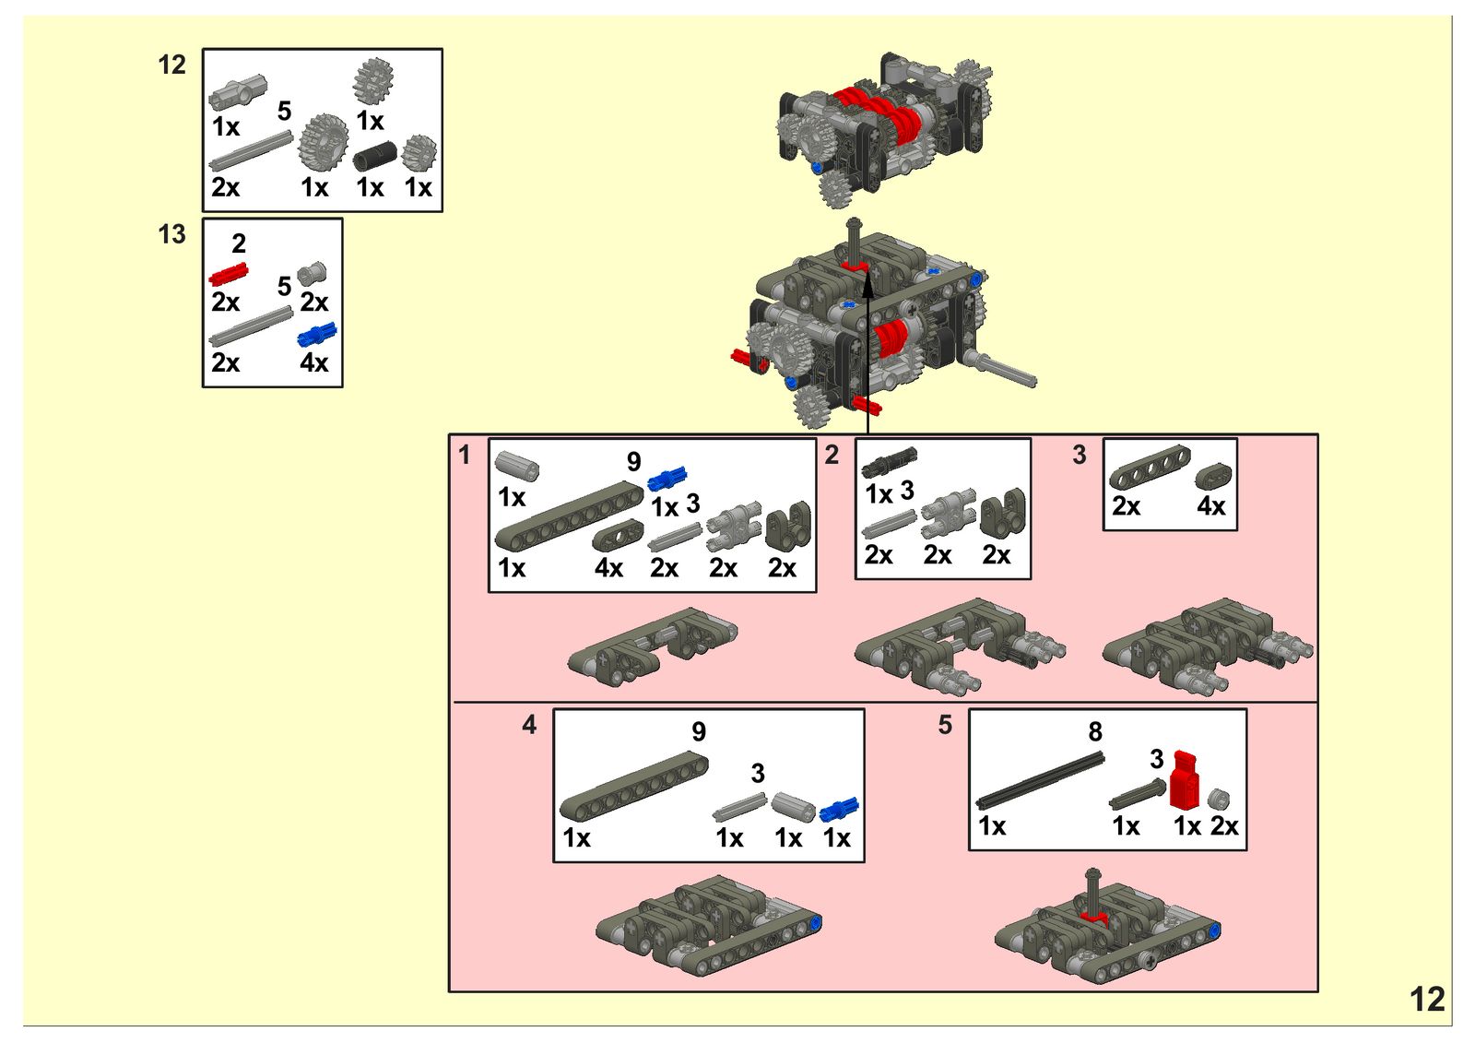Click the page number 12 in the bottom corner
pyautogui.click(x=1427, y=1000)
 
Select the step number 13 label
pyautogui.click(x=172, y=234)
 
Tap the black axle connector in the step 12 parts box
pyautogui.click(x=373, y=157)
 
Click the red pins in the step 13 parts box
pyautogui.click(x=228, y=274)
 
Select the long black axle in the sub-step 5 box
pyautogui.click(x=1040, y=781)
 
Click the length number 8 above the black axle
pyautogui.click(x=1094, y=732)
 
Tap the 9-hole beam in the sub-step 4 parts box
pyautogui.click(x=633, y=786)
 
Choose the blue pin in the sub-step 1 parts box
pyautogui.click(x=667, y=479)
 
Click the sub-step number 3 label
pyautogui.click(x=1080, y=455)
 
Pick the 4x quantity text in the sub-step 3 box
pyautogui.click(x=1210, y=506)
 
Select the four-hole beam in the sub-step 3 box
pyautogui.click(x=1149, y=468)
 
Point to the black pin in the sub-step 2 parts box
pyautogui.click(x=890, y=461)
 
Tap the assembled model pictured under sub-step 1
pyautogui.click(x=653, y=645)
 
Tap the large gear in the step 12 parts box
pyautogui.click(x=324, y=142)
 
